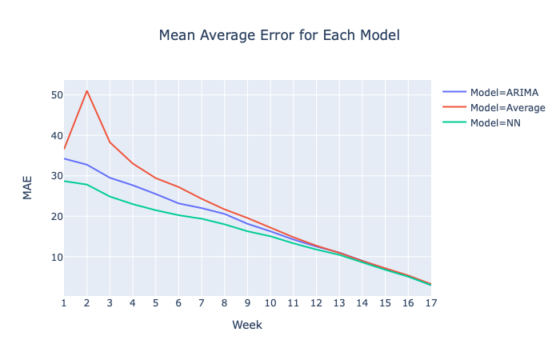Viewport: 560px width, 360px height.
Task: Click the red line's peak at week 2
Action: coord(86,91)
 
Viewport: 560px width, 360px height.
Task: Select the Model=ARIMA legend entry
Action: coord(490,93)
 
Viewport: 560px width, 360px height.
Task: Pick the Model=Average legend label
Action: coord(508,108)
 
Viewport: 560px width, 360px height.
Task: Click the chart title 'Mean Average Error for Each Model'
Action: coord(279,35)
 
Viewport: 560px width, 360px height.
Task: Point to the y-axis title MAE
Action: coord(27,188)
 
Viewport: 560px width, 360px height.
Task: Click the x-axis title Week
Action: coord(247,325)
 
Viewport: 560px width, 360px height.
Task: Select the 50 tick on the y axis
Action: coord(57,95)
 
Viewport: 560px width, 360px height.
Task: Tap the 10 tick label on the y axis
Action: coord(57,257)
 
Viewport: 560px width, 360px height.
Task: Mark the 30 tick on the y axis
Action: coord(57,176)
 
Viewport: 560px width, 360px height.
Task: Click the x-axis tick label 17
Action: coord(431,303)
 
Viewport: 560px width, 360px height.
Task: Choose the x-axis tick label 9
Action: coord(247,303)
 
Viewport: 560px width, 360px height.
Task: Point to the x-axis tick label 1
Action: coord(64,303)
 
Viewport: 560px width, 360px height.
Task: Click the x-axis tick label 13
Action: coord(339,303)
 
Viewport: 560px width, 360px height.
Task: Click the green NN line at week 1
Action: coord(64,181)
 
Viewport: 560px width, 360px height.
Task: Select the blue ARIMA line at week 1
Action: coord(64,158)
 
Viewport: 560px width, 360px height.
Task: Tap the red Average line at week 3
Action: coord(110,142)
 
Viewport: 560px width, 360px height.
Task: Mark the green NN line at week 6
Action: coord(178,215)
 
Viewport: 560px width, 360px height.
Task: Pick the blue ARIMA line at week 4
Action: coord(133,185)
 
